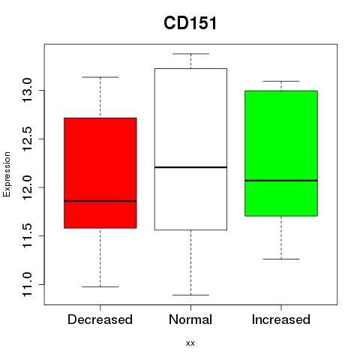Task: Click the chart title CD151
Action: pos(190,23)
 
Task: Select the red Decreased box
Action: pos(100,172)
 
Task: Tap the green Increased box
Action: pos(281,153)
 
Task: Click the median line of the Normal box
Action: pos(190,167)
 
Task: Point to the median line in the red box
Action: pos(100,201)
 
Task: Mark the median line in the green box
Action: pos(281,180)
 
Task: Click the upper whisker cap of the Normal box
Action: pos(190,54)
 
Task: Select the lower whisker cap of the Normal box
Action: pos(190,295)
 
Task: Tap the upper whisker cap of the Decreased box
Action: pos(100,77)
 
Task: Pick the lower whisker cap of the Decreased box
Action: pos(100,286)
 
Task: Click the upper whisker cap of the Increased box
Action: pos(281,81)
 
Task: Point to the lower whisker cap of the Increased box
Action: pos(281,259)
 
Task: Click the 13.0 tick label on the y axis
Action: pos(27,90)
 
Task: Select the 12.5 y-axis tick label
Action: pos(27,139)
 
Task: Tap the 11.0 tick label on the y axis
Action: pos(27,284)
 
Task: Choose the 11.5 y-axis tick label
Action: pos(27,235)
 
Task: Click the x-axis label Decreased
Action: pos(100,319)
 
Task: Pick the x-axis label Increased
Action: pos(281,319)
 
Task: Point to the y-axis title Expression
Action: pos(7,175)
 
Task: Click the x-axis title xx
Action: pos(190,343)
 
